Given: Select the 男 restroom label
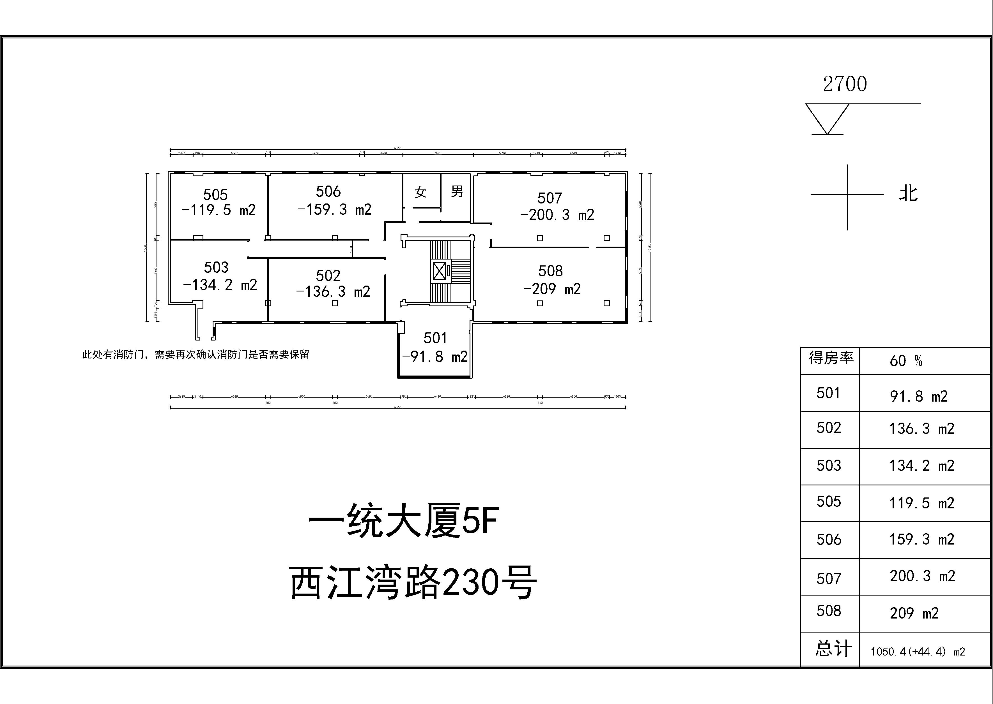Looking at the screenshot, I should (457, 191).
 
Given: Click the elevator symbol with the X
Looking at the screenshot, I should (439, 271).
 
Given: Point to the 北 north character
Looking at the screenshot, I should (908, 193).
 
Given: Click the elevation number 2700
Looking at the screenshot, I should (845, 84).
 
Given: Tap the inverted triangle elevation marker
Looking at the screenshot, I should (827, 118).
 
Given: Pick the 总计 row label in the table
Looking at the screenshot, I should (833, 649).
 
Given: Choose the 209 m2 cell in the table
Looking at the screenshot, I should (914, 613).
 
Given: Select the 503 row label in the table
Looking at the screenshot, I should (829, 466).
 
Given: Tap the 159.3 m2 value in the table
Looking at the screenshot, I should (921, 539).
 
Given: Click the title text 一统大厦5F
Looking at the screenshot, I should (403, 520).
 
